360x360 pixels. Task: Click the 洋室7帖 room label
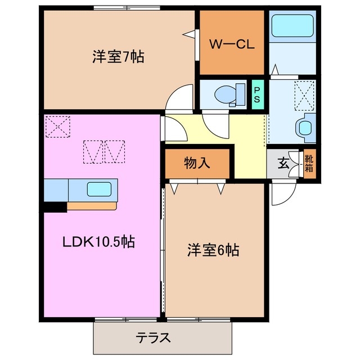point(118,57)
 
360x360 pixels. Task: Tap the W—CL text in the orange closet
point(232,44)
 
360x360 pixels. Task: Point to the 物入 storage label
point(197,164)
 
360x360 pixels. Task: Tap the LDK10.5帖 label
point(98,242)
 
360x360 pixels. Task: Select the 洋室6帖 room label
point(213,251)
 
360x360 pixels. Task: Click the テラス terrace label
point(153,339)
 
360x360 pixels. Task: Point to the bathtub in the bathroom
point(292,26)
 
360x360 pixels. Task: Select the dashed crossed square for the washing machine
point(305,91)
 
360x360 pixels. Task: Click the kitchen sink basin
point(101,189)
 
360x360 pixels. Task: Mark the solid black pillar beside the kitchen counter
point(55,206)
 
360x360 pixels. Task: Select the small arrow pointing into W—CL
point(190,34)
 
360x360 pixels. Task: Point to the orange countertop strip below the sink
point(91,206)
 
